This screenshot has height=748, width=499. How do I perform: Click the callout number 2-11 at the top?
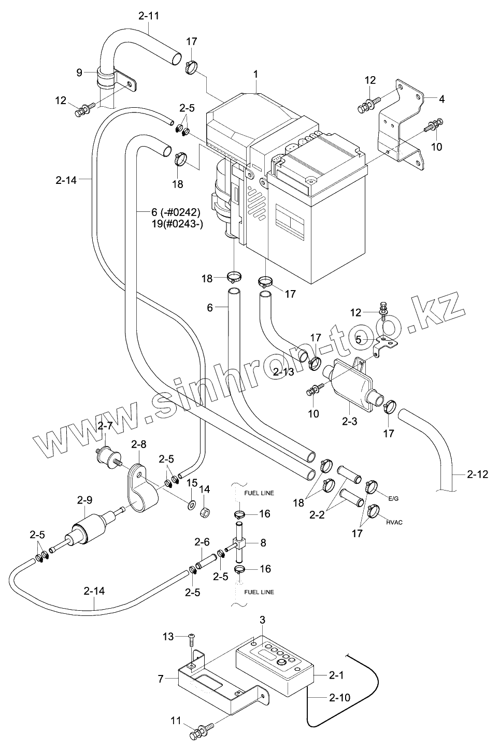point(149,16)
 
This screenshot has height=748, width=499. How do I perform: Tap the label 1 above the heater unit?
point(256,75)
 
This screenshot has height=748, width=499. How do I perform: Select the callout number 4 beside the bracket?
point(441,98)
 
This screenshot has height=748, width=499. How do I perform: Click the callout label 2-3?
point(350,422)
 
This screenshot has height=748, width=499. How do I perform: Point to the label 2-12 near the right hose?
point(477,473)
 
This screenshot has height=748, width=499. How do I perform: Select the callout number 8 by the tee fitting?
point(263,543)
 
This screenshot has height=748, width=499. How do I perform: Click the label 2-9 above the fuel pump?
point(84,500)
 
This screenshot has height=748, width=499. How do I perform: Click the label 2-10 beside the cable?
point(339,697)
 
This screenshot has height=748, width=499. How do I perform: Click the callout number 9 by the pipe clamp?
point(79,73)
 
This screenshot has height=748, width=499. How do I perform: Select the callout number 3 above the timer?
point(262,620)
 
